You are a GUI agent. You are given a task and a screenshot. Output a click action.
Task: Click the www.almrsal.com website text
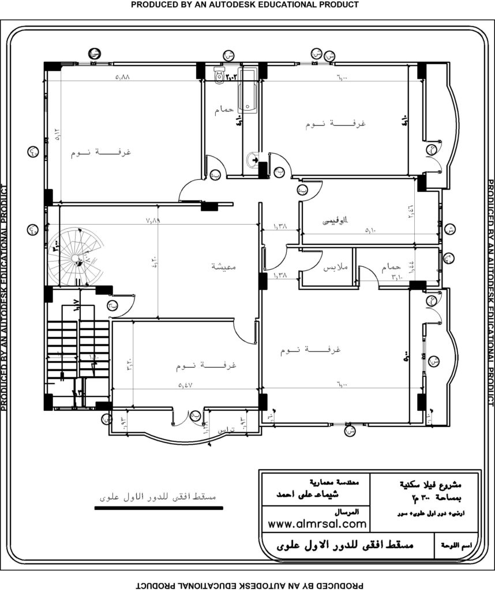click(317, 524)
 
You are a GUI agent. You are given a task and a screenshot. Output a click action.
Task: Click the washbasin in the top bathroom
click(253, 160)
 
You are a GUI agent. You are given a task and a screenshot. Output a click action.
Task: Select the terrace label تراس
click(225, 430)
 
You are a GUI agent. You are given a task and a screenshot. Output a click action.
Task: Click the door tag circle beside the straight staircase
click(111, 306)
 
